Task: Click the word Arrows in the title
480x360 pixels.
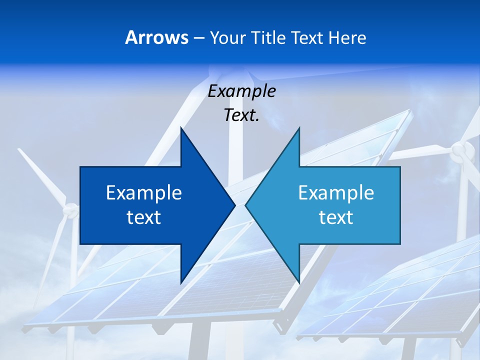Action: [157, 37]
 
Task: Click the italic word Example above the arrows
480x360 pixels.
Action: [242, 91]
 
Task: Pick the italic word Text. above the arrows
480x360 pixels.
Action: [241, 115]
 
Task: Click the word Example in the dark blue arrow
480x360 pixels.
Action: [144, 193]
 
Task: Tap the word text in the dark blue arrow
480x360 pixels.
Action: [144, 217]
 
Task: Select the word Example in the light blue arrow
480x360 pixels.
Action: [336, 193]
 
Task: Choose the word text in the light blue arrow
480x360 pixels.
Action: [336, 217]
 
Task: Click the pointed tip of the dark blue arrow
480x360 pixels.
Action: [234, 205]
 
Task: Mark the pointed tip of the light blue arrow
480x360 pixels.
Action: [246, 205]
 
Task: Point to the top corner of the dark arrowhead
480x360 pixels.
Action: [181, 128]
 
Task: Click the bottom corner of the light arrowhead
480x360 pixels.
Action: [299, 282]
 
